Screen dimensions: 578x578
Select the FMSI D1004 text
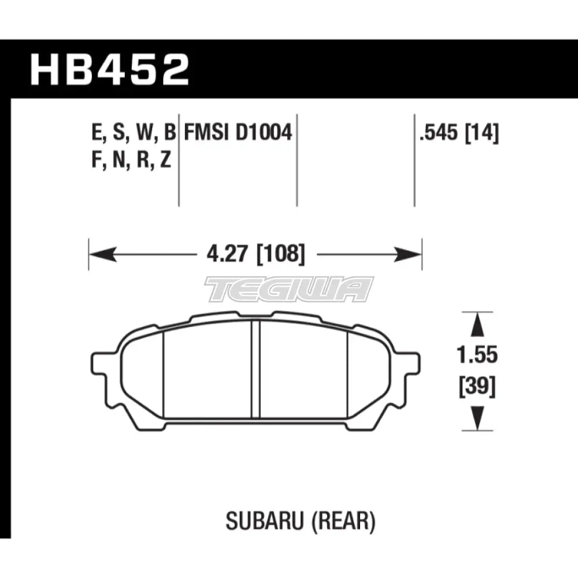[x=237, y=134]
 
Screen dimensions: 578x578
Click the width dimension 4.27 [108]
[x=255, y=254]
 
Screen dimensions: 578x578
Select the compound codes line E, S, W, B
[x=132, y=134]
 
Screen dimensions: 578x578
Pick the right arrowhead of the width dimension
[x=412, y=254]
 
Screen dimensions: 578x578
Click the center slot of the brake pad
[x=255, y=370]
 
